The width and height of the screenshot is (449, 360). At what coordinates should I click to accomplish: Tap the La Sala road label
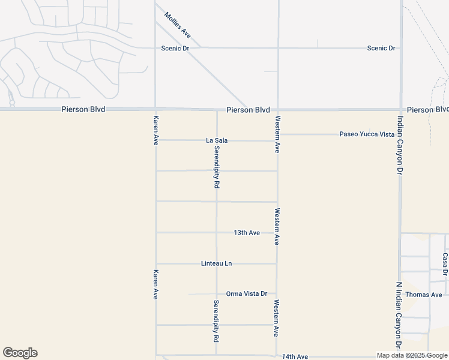tap(217, 140)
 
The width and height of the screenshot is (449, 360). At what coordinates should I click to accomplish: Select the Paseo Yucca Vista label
tap(367, 134)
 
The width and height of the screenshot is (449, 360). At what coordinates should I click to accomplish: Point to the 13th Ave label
tap(247, 232)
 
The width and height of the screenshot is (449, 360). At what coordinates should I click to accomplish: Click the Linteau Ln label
tap(216, 263)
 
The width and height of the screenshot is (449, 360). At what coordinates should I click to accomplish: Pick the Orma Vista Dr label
tap(246, 293)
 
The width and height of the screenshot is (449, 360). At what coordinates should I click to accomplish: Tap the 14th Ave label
tap(295, 356)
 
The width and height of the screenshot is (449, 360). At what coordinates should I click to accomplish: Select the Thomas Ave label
tap(423, 295)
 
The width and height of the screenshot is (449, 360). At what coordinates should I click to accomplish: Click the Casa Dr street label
tap(445, 264)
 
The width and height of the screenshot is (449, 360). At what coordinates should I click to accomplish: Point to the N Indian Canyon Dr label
tap(399, 316)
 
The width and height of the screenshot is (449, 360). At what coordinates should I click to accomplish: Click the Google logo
tap(20, 353)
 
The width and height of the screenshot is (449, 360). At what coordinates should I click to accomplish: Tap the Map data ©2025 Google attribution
tap(412, 356)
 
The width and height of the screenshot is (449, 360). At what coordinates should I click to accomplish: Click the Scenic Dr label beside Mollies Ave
tap(175, 48)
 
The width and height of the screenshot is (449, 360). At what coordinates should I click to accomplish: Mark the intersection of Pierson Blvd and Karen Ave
tap(155, 110)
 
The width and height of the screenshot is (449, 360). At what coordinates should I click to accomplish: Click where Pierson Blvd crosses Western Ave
tap(278, 110)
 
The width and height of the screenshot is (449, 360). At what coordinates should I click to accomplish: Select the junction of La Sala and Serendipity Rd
tap(217, 140)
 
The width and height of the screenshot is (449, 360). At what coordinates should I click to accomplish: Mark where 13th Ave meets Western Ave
tap(277, 232)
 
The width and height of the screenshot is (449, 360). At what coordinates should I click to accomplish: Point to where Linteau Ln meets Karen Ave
tap(156, 263)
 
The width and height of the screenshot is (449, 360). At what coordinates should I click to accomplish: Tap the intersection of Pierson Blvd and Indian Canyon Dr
tap(400, 110)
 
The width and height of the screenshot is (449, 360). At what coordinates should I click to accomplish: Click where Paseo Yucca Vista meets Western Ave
tap(278, 134)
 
